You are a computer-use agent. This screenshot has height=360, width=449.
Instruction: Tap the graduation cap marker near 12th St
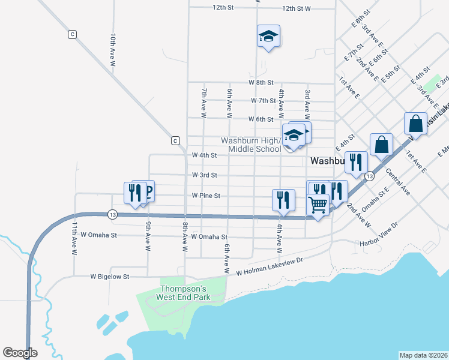click(x=268, y=37)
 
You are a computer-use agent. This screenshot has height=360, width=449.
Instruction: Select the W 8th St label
click(x=261, y=82)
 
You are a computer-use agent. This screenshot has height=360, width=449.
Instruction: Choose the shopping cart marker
click(x=318, y=205)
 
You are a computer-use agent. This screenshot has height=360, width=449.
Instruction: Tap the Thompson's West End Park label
click(x=183, y=291)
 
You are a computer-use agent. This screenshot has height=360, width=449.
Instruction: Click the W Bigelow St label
click(x=110, y=277)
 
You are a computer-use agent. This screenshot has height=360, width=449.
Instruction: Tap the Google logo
click(x=20, y=353)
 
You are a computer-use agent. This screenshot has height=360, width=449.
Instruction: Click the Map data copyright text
click(x=423, y=355)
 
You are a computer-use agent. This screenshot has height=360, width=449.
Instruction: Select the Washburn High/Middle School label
click(x=250, y=145)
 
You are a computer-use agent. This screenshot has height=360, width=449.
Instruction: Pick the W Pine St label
click(x=206, y=196)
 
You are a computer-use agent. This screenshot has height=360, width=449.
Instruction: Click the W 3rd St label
click(x=204, y=175)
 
